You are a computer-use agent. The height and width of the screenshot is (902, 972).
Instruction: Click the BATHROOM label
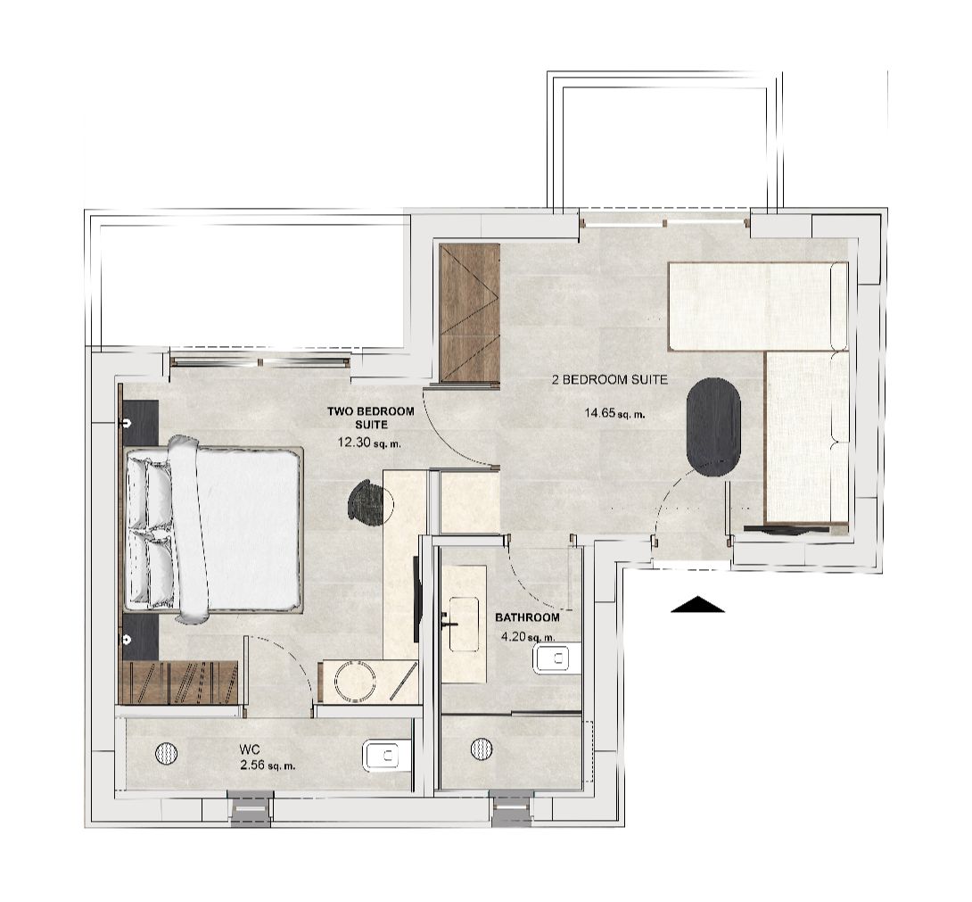point(527,617)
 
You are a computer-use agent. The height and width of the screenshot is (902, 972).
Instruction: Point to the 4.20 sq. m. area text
point(528,637)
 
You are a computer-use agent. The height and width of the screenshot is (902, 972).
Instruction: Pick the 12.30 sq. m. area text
point(370,442)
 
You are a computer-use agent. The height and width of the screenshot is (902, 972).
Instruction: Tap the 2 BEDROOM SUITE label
point(610,379)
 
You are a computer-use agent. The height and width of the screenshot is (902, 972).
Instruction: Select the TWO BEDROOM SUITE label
point(371,418)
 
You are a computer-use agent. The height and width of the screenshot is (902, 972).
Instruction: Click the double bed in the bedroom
point(214,529)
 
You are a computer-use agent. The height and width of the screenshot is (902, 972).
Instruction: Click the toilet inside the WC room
point(385,756)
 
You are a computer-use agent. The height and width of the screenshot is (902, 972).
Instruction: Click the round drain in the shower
point(482,748)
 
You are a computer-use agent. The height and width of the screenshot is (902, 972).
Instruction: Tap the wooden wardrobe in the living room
point(470,313)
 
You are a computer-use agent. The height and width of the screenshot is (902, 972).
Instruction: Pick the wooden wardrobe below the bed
point(178,683)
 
